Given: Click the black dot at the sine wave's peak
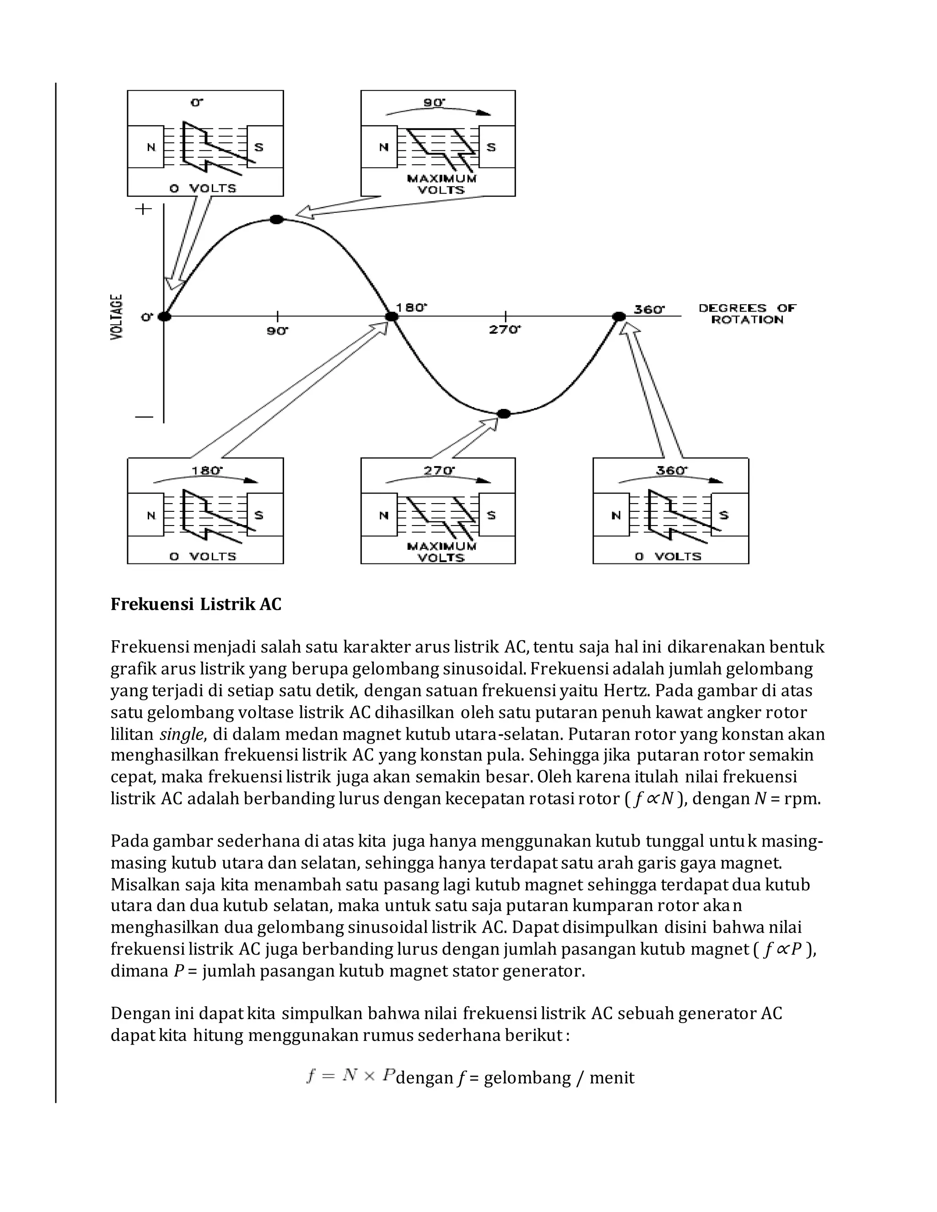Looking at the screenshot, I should tap(276, 219).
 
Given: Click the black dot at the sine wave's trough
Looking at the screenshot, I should tap(503, 413).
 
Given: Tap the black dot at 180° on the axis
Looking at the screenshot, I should tap(392, 316).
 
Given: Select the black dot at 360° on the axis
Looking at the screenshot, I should tap(619, 316).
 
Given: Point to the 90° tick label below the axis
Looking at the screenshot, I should tap(278, 331).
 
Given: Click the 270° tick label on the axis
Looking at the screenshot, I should tap(504, 330).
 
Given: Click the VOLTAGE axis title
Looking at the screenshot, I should tap(117, 316).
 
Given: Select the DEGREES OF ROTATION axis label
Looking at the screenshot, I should tap(747, 314).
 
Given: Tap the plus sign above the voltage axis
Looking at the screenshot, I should tap(143, 209).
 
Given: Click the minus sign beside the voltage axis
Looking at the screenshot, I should tap(144, 417).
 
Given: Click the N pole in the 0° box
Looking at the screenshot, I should tap(151, 147).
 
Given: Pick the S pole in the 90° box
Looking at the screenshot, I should tap(491, 147).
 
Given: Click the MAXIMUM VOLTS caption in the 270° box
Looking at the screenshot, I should tap(442, 552).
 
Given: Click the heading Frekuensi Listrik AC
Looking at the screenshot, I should tap(196, 604).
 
